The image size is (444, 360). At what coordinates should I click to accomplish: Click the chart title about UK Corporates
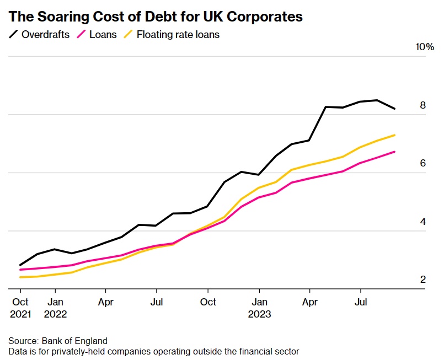tap(156, 17)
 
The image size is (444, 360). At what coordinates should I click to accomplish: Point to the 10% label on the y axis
tap(425, 47)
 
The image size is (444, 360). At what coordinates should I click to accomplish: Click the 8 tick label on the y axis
tap(422, 105)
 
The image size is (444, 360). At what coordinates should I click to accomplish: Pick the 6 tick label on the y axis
tap(422, 163)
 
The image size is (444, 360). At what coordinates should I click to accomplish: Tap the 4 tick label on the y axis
tap(422, 222)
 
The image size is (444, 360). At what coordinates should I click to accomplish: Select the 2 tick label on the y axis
tap(422, 280)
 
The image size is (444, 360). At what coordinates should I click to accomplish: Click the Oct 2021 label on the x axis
tap(20, 308)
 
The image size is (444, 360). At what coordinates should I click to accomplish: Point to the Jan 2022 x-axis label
tap(55, 308)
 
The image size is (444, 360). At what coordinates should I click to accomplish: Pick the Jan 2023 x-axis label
tap(259, 308)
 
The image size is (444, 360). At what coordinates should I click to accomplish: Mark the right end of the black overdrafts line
tap(394, 109)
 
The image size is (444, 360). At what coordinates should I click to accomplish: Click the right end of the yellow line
tap(394, 135)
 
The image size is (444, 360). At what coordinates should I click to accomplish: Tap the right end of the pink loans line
tap(394, 152)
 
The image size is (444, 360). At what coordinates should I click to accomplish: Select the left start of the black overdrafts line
tap(20, 265)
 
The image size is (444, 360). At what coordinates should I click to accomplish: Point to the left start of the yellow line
tap(20, 277)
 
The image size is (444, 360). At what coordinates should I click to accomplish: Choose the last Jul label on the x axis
tap(361, 302)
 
